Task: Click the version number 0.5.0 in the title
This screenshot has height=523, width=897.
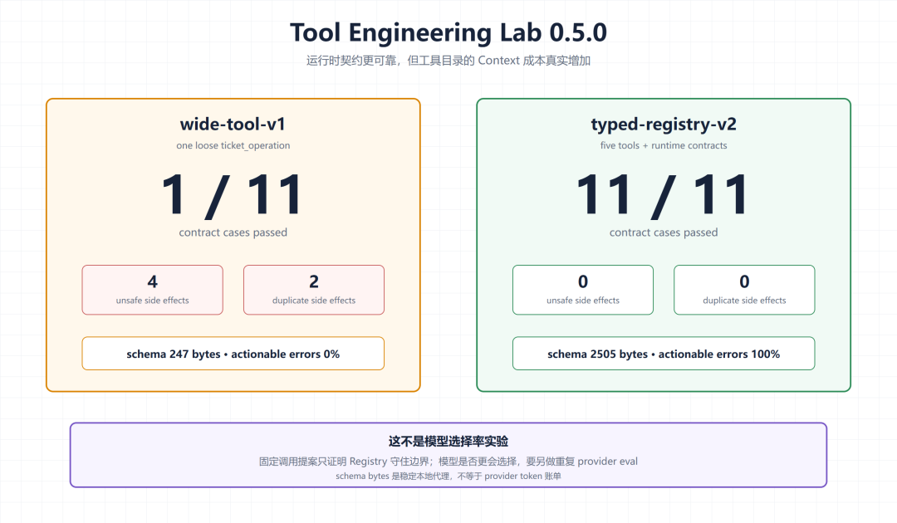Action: click(578, 32)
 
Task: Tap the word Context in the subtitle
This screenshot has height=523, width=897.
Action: click(499, 61)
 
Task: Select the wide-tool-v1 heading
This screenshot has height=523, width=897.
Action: click(233, 124)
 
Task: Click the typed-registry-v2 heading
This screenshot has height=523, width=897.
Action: click(664, 125)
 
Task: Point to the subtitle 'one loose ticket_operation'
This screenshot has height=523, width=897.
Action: click(233, 146)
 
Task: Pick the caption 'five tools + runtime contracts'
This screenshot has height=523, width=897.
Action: click(664, 146)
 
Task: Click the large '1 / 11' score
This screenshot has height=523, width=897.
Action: click(232, 195)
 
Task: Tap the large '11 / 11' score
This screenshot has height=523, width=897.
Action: click(663, 195)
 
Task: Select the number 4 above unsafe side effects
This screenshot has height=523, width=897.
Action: click(152, 281)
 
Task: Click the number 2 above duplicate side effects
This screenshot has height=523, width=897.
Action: click(313, 281)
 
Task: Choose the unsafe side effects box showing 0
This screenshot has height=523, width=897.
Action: click(583, 290)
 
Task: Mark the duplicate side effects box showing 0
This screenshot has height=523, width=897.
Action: click(744, 290)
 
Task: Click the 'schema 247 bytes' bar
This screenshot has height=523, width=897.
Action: click(233, 354)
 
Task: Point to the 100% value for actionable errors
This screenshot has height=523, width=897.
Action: click(766, 354)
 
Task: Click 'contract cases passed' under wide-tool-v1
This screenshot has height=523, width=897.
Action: click(233, 232)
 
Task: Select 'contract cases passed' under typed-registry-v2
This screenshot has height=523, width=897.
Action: click(664, 232)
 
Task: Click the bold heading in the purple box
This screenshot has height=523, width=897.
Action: click(448, 442)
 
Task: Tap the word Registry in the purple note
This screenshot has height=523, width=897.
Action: click(369, 462)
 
